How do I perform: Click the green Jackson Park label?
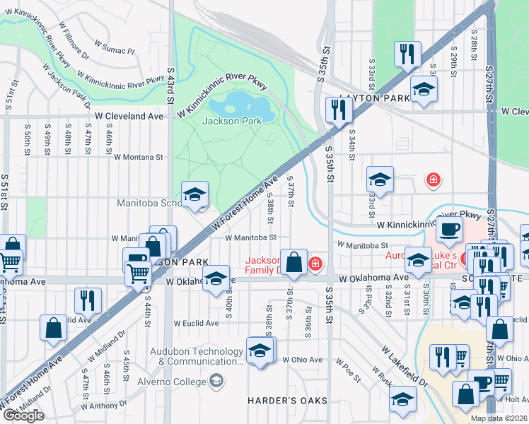(x=232, y=121)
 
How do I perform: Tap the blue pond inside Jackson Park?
(x=241, y=107)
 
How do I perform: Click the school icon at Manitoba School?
(x=194, y=194)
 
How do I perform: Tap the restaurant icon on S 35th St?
(x=339, y=110)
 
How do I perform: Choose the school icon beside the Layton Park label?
(x=424, y=89)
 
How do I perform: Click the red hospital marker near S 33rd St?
(x=431, y=180)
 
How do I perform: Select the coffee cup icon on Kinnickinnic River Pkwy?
(x=449, y=228)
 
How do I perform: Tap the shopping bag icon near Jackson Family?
(x=293, y=261)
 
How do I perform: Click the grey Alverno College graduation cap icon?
(x=216, y=382)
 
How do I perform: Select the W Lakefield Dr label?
(x=405, y=366)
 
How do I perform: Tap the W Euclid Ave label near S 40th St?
(x=197, y=323)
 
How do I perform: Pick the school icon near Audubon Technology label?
(x=260, y=350)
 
